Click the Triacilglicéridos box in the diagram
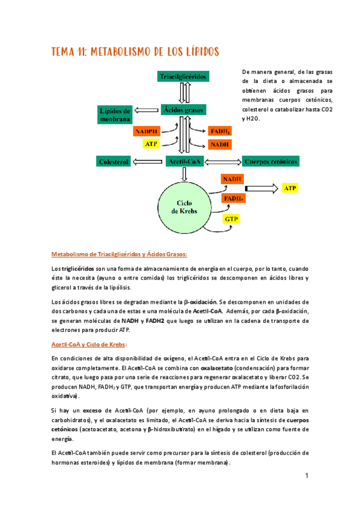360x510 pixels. [183, 76]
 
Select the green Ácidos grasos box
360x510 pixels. [184, 109]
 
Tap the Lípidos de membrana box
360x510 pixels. [115, 114]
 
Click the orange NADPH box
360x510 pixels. [147, 131]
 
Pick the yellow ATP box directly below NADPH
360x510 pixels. [151, 144]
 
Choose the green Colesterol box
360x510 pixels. [114, 161]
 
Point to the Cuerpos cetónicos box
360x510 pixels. [271, 161]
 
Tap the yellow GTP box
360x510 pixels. [231, 219]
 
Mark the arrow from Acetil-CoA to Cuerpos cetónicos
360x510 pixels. [224, 161]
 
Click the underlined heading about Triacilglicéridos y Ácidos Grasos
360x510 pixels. [120, 254]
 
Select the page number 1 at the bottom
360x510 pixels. [306, 476]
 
